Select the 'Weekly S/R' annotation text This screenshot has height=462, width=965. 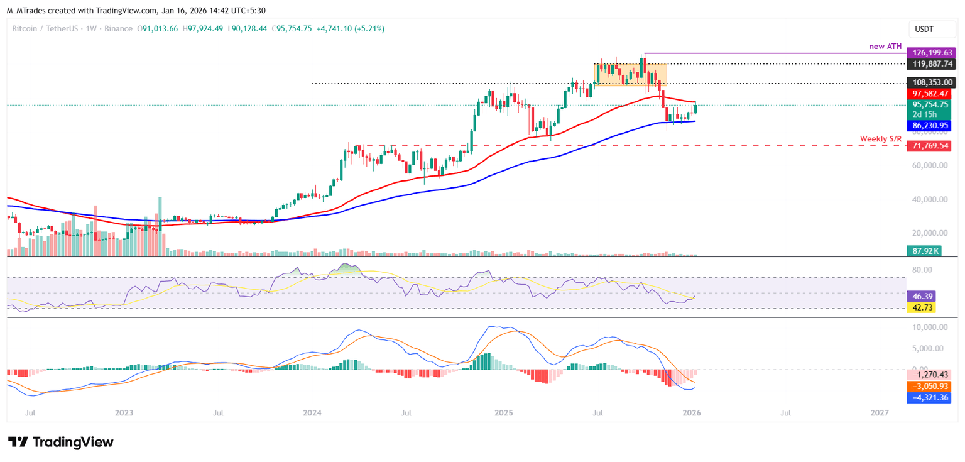tap(881, 138)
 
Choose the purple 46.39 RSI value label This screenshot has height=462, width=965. tap(922, 295)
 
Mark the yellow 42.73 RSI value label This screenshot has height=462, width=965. tap(922, 307)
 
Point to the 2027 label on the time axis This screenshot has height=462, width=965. tap(880, 413)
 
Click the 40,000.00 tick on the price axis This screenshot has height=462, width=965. tap(927, 200)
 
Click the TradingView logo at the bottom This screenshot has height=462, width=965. tap(61, 442)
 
